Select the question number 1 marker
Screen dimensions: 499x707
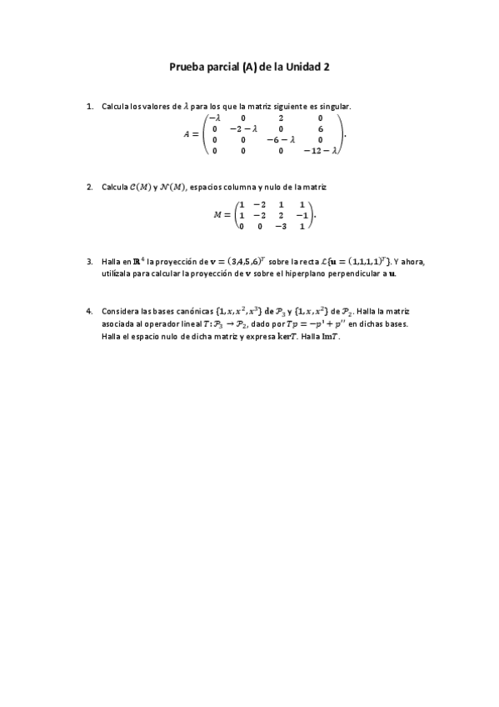click(89, 107)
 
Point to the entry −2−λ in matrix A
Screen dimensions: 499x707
click(243, 129)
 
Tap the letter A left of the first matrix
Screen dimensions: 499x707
click(188, 134)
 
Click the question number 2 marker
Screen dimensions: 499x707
click(89, 187)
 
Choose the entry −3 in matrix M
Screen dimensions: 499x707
click(282, 226)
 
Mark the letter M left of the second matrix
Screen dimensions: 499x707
click(218, 215)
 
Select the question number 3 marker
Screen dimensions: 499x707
click(89, 262)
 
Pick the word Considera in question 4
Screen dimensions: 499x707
click(119, 311)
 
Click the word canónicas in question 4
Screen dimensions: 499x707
click(192, 311)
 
